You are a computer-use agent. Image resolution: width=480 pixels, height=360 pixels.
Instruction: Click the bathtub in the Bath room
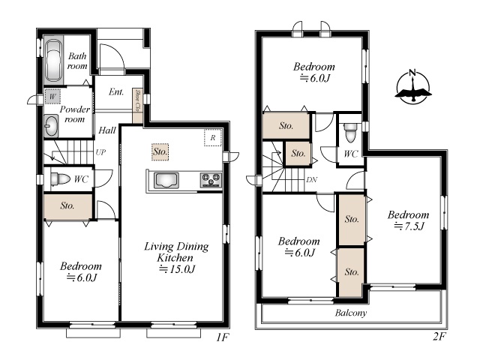53,61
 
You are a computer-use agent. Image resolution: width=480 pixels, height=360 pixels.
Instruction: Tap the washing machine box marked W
52,97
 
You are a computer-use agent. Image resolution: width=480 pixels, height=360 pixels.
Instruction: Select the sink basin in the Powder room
51,126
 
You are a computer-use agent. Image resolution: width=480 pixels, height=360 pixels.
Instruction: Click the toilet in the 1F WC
60,178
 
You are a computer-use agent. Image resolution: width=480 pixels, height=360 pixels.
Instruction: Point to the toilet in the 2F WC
350,133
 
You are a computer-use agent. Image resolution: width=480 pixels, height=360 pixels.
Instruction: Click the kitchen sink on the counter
166,180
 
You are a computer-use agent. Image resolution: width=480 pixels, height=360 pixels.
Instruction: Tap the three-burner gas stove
211,180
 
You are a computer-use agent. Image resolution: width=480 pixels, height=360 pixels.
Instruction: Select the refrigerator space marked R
213,138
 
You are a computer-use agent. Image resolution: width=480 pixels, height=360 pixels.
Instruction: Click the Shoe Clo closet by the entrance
137,106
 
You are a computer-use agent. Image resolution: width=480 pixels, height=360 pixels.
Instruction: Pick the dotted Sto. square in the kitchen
160,151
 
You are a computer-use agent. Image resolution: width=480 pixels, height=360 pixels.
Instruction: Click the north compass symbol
413,87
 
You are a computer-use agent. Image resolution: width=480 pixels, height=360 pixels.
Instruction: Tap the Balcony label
350,313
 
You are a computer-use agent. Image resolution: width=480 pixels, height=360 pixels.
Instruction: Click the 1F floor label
223,337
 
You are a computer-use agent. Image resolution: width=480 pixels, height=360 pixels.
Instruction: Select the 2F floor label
439,337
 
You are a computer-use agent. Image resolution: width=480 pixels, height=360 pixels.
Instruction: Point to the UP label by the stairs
100,151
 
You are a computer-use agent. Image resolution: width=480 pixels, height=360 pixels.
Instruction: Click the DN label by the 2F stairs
312,180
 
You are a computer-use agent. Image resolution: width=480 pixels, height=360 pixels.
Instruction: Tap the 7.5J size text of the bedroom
409,226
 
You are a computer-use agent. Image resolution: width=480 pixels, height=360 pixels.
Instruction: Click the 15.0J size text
177,269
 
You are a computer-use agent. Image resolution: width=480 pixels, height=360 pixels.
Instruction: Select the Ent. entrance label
116,91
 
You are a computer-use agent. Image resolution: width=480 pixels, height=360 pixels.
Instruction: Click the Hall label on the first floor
107,130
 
